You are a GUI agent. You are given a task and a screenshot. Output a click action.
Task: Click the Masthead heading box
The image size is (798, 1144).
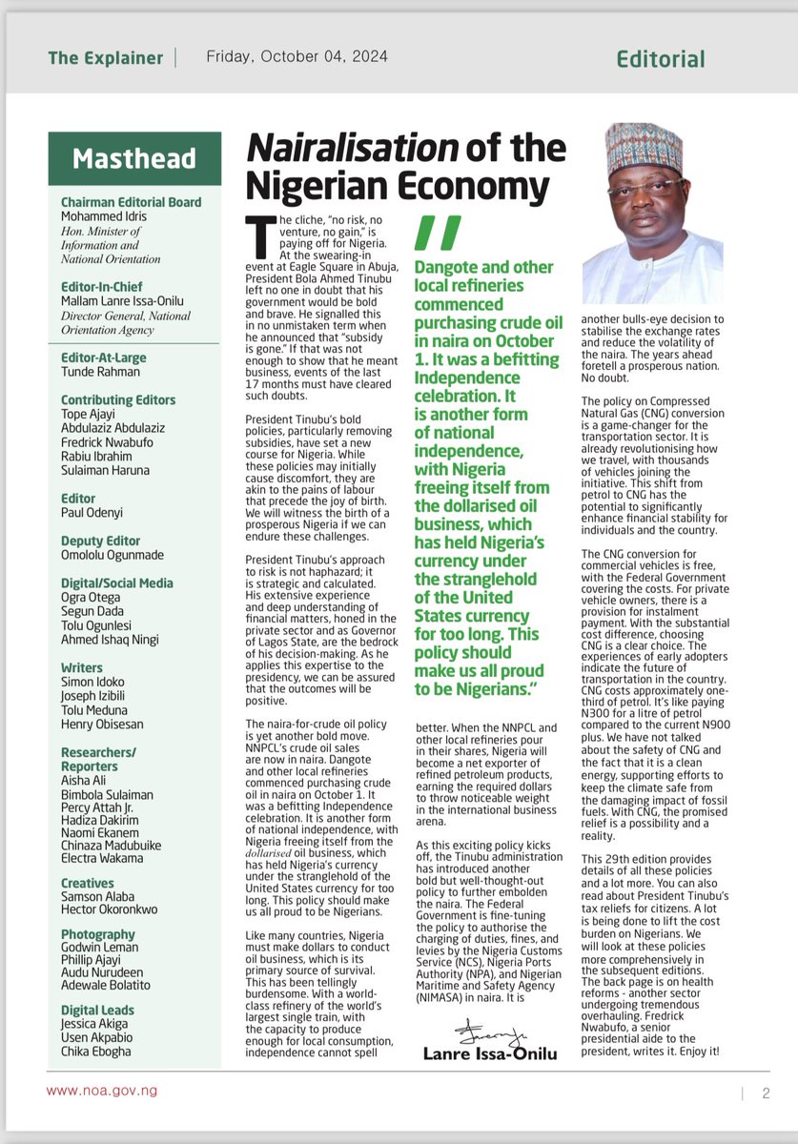(x=134, y=157)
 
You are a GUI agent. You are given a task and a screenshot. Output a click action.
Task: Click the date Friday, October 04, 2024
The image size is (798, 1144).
(x=297, y=57)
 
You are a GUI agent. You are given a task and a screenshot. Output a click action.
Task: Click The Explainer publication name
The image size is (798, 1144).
(x=106, y=58)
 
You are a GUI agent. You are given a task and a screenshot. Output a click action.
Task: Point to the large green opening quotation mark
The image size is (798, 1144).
(x=439, y=233)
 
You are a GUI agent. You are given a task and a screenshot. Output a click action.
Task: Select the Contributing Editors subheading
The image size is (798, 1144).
(x=118, y=399)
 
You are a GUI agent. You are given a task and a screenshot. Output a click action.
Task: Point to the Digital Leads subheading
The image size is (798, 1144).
(x=97, y=1010)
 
